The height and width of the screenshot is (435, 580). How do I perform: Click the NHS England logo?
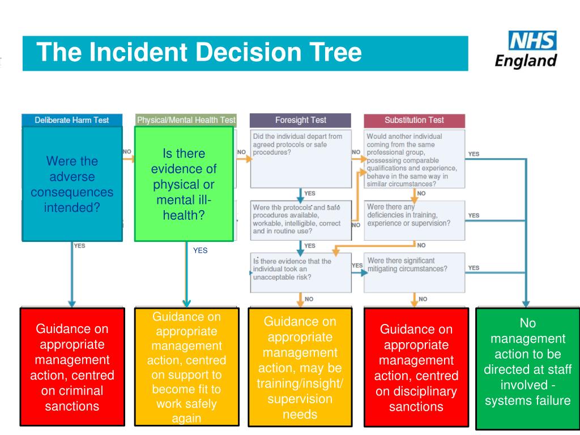pyautogui.click(x=526, y=49)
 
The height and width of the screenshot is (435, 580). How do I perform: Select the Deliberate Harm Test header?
pyautogui.click(x=72, y=120)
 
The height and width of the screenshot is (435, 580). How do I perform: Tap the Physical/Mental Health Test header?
pyautogui.click(x=186, y=120)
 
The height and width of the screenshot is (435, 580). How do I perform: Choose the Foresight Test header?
pyautogui.click(x=300, y=120)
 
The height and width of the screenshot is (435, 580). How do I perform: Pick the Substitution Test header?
pyautogui.click(x=414, y=120)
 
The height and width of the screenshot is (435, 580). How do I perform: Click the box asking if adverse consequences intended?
pyautogui.click(x=72, y=184)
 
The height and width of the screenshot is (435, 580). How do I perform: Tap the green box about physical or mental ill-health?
pyautogui.click(x=184, y=184)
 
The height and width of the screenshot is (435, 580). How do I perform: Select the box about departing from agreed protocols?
pyautogui.click(x=300, y=159)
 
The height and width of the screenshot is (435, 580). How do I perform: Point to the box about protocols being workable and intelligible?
pyautogui.click(x=300, y=219)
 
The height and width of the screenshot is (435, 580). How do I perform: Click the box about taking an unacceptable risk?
pyautogui.click(x=300, y=272)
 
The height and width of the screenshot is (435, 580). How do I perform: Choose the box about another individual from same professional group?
pyautogui.click(x=414, y=159)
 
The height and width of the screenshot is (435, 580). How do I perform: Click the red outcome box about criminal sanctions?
pyautogui.click(x=72, y=366)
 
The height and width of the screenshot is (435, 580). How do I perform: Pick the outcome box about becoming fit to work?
pyautogui.click(x=186, y=366)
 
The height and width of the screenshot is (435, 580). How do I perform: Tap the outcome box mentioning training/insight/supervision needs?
pyautogui.click(x=301, y=366)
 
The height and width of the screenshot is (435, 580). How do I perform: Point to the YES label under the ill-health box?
pyautogui.click(x=200, y=250)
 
